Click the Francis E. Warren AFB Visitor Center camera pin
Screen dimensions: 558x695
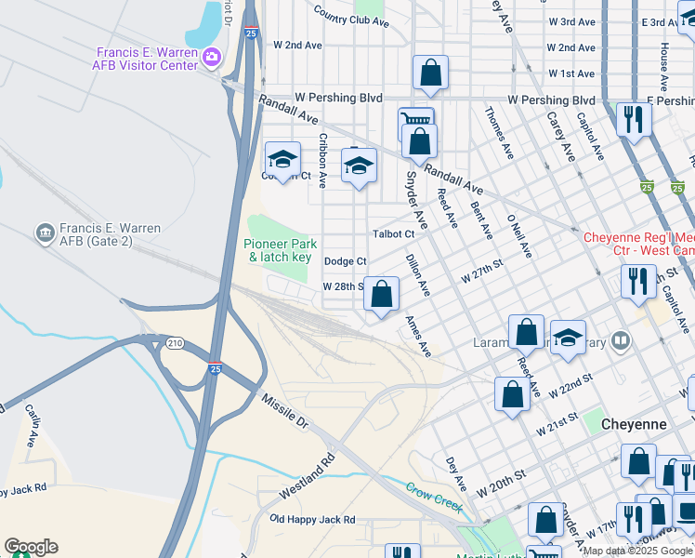[212, 59]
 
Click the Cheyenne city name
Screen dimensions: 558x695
[635, 423]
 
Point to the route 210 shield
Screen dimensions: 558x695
[174, 343]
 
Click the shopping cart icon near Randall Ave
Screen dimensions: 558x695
[416, 120]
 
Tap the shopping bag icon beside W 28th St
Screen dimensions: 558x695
[381, 295]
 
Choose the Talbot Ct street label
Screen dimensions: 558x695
[392, 233]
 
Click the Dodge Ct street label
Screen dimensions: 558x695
[346, 261]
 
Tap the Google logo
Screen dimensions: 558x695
[31, 547]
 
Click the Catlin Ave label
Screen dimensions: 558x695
[34, 422]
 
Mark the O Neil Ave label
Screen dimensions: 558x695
[518, 235]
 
